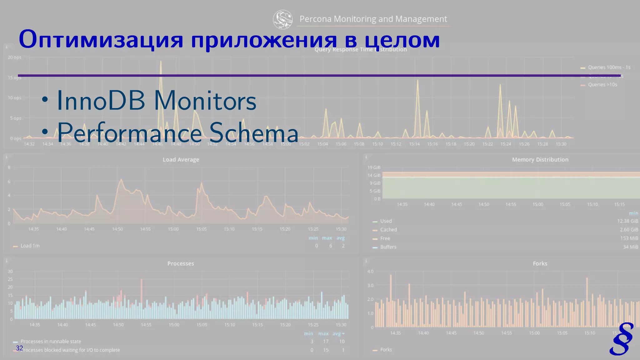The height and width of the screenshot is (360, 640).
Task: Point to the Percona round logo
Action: [282, 19]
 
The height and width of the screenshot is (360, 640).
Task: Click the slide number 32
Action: [19, 348]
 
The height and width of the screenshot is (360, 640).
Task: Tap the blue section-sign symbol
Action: [622, 339]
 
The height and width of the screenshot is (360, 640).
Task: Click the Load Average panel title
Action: [181, 160]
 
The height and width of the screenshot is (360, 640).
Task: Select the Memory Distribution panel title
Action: [540, 160]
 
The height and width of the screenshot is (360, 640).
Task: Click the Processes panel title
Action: [181, 263]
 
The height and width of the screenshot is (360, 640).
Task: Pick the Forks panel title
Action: [540, 263]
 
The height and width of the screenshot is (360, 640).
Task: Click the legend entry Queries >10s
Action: [602, 85]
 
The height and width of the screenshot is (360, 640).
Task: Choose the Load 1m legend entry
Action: [30, 246]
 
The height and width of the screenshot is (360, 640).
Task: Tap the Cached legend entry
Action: [388, 230]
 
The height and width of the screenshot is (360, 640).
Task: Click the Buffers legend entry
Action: [388, 247]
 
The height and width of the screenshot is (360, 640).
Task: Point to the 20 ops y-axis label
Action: [14, 57]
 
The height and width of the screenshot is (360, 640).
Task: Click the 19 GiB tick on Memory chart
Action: [374, 167]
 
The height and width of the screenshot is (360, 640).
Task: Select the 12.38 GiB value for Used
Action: [627, 221]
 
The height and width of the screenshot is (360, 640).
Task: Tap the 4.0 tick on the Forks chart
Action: [370, 271]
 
